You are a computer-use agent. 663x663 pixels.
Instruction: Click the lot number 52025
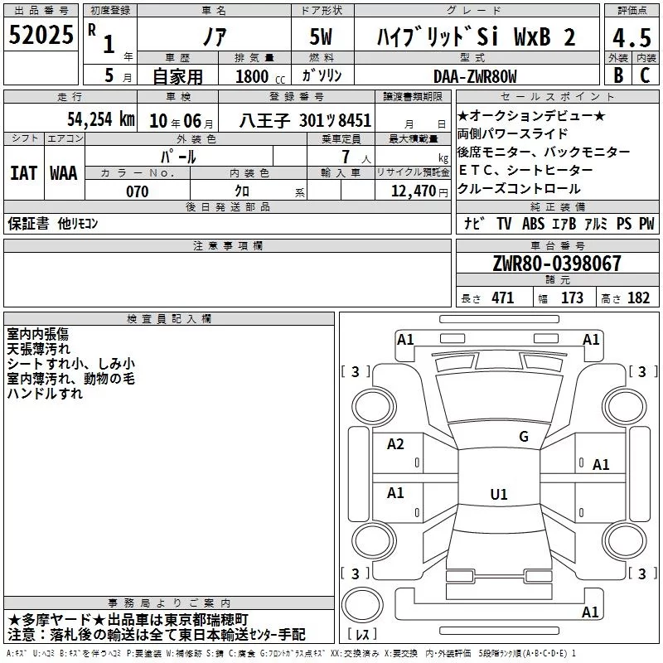tap(41, 35)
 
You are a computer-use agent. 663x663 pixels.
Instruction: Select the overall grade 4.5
tap(632, 37)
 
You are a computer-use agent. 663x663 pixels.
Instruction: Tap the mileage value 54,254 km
tap(101, 119)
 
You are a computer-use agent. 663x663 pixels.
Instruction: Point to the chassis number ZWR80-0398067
tap(557, 264)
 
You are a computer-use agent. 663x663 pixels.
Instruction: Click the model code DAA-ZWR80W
tap(475, 76)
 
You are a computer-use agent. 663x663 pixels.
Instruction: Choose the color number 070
tap(137, 191)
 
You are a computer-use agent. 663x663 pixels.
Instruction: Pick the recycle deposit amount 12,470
tap(413, 191)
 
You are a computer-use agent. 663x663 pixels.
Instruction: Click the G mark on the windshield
tap(524, 437)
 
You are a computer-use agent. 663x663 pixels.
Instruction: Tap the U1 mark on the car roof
tap(499, 494)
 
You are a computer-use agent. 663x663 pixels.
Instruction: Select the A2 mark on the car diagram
tap(395, 444)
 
